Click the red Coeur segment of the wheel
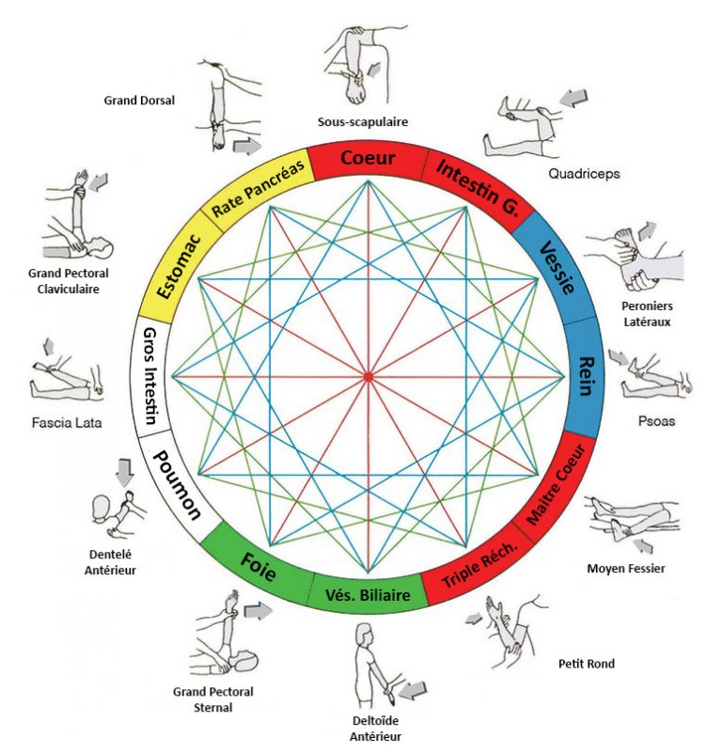tap(368, 158)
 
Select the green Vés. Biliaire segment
tap(368, 595)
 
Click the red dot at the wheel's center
tap(368, 377)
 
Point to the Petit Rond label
tap(588, 664)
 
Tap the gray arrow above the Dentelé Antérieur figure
tap(123, 470)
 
